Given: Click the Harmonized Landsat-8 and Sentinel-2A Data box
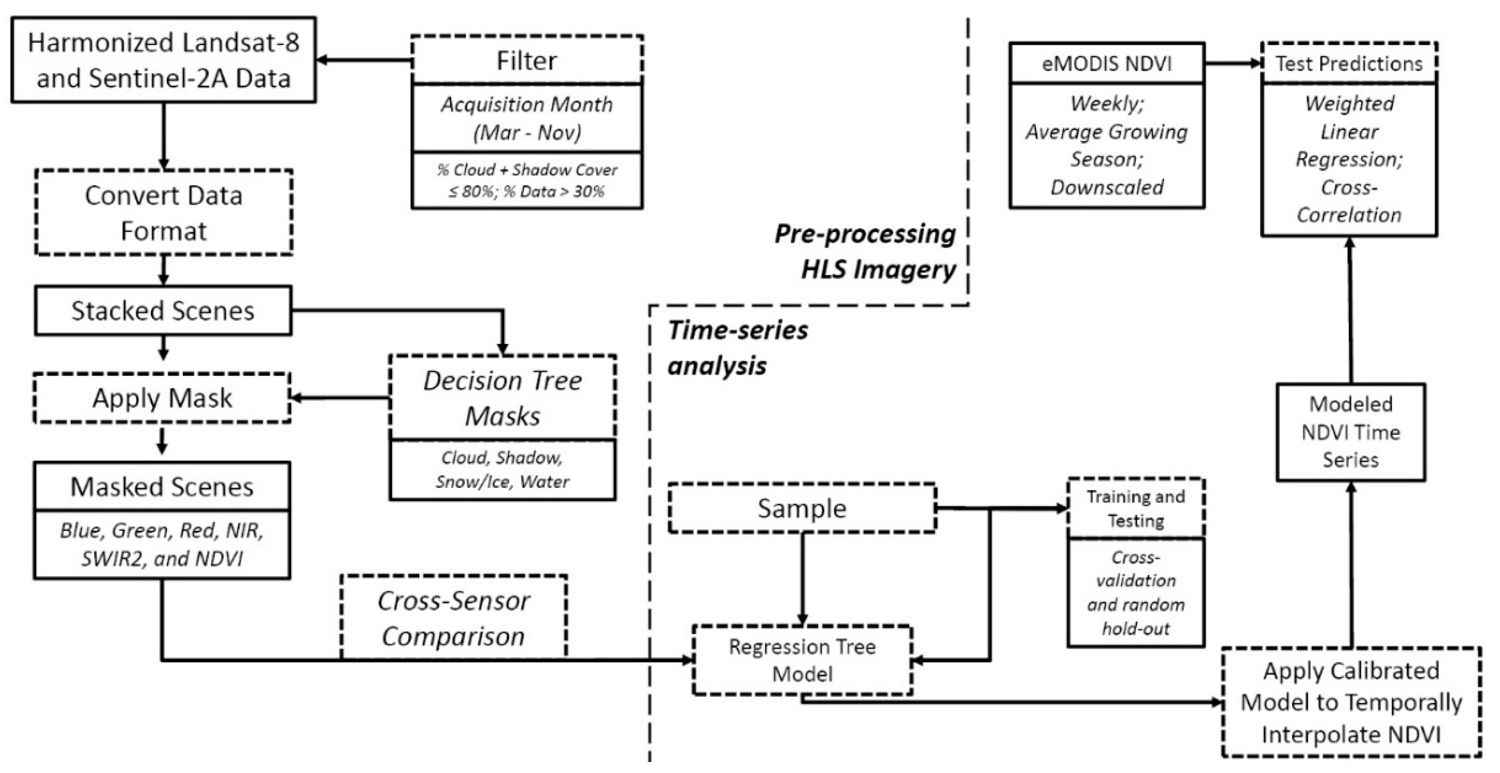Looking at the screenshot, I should tap(164, 60).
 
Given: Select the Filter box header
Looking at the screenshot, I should tap(527, 61).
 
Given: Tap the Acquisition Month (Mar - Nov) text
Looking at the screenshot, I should tap(527, 118).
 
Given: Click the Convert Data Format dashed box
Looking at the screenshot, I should tap(164, 212).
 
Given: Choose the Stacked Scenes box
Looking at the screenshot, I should tap(163, 310).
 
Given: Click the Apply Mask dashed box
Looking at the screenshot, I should tap(162, 398).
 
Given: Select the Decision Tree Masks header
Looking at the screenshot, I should tap(503, 398).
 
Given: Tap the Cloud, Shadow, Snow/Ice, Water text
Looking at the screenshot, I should tap(503, 469).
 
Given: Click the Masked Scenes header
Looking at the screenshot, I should tap(162, 487).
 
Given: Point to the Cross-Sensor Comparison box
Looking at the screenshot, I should tap(453, 618).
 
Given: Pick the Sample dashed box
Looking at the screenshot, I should tap(802, 508).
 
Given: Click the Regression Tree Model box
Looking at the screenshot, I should tap(802, 660).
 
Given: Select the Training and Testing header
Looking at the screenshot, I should tap(1135, 508).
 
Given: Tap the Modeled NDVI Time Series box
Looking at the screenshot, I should tap(1351, 432).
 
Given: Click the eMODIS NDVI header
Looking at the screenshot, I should tap(1106, 64).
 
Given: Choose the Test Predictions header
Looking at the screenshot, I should tap(1349, 64).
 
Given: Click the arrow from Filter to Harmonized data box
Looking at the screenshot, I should tap(364, 60).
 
